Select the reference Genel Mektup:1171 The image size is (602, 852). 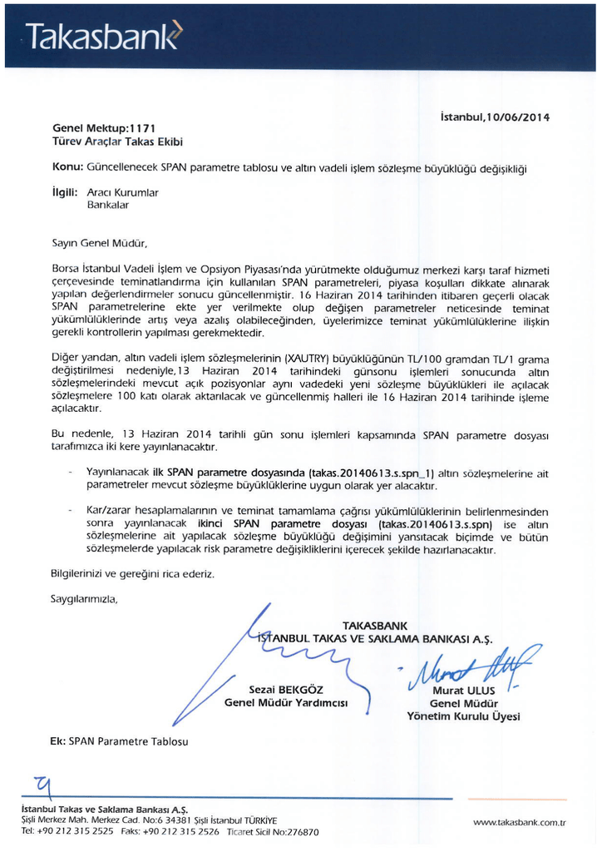(104, 129)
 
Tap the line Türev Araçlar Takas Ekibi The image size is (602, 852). (117, 142)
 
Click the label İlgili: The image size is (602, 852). (66, 191)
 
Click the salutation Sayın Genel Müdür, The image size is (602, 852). (100, 244)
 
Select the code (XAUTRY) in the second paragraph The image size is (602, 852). (308, 358)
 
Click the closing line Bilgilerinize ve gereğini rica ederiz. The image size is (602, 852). (133, 574)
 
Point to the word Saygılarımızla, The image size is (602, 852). (85, 598)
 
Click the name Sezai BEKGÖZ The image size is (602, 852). (286, 690)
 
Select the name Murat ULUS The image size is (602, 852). (463, 691)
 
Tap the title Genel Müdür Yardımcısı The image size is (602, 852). (285, 703)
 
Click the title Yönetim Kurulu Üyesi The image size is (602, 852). (463, 716)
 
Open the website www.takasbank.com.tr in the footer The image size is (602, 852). (519, 822)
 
